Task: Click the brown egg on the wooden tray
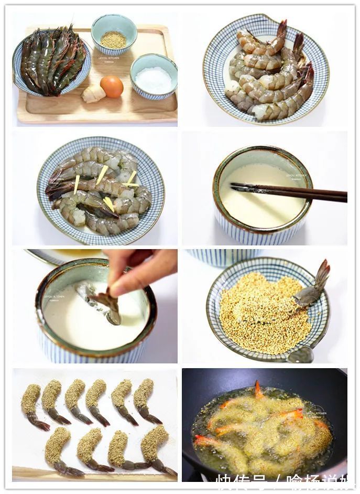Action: [112, 86]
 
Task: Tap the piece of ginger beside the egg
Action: [93, 94]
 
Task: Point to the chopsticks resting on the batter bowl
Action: [288, 192]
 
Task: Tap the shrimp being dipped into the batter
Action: [108, 306]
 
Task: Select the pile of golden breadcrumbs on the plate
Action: [262, 312]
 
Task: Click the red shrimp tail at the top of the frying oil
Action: [258, 389]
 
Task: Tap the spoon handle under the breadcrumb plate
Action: [301, 355]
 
